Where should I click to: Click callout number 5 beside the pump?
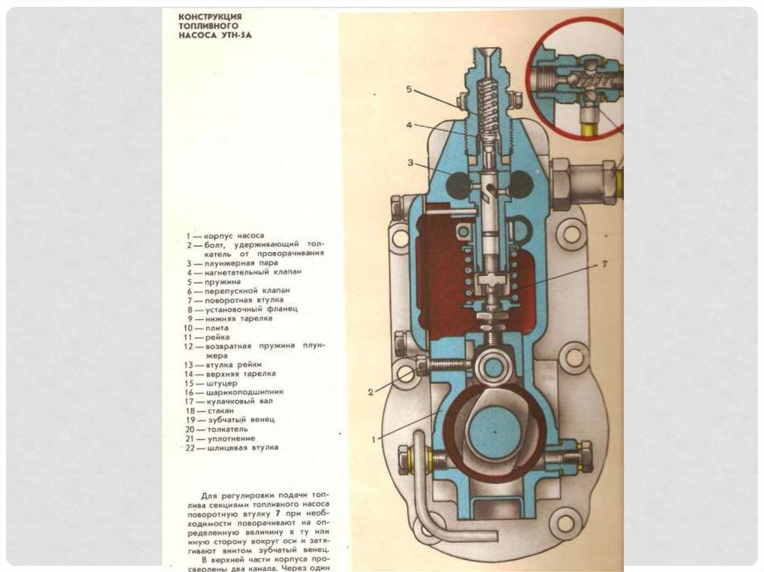(409, 89)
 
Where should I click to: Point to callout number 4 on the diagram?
(409, 125)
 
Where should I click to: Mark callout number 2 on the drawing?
(370, 390)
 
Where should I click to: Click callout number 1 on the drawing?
(375, 439)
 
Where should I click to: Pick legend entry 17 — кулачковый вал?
(231, 400)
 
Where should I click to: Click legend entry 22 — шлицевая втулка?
(232, 447)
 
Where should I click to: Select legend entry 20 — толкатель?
(219, 429)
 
